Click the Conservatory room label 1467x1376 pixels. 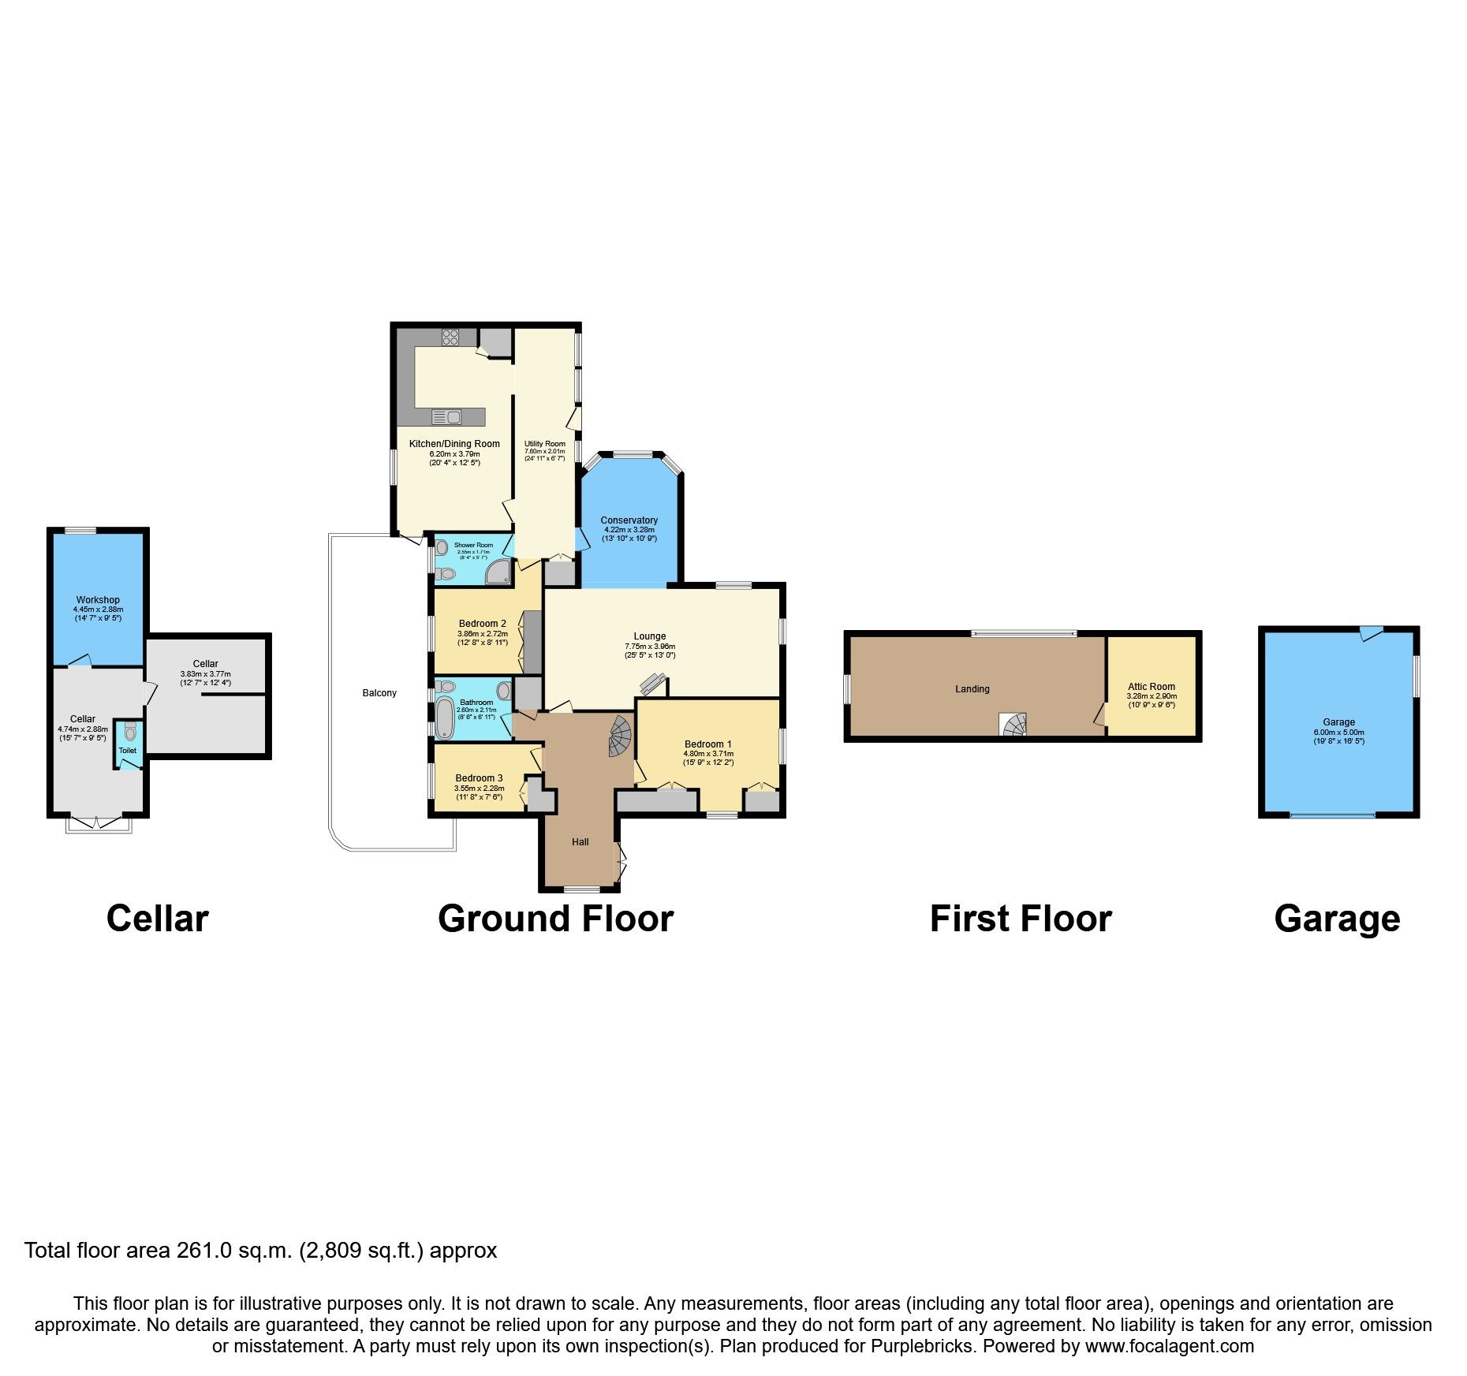click(629, 520)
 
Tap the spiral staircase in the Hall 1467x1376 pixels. click(622, 736)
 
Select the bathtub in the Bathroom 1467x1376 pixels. click(445, 718)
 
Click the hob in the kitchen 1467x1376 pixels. click(450, 337)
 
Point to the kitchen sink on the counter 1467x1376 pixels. click(447, 416)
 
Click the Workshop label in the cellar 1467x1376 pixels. click(98, 600)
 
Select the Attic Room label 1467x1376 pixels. click(1151, 687)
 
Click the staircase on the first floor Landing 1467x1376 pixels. click(1013, 724)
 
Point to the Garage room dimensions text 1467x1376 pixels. click(1338, 736)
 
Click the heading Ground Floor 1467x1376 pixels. click(555, 919)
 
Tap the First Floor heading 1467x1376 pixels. click(1021, 919)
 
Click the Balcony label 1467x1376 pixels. click(379, 693)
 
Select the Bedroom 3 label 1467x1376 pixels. click(479, 778)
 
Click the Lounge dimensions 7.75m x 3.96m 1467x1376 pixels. click(650, 647)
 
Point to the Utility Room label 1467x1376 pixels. click(545, 444)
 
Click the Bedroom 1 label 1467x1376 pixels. click(707, 744)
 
